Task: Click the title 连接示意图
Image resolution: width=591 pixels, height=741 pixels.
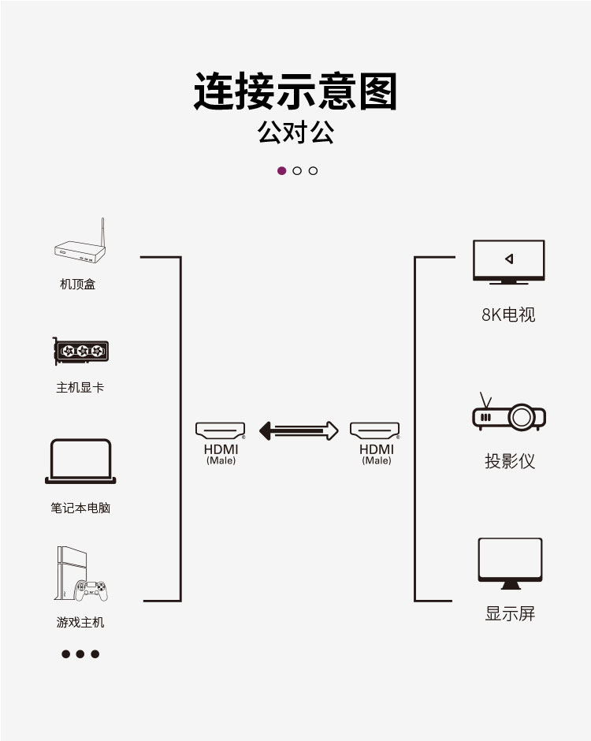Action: (x=295, y=91)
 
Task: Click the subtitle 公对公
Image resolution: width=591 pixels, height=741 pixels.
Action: (x=295, y=132)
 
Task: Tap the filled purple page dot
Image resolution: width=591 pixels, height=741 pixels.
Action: (x=281, y=171)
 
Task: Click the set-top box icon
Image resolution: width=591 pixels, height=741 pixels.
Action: (x=79, y=251)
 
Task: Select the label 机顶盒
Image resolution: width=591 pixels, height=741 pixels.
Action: (x=77, y=284)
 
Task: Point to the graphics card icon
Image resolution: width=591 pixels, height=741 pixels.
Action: (x=80, y=352)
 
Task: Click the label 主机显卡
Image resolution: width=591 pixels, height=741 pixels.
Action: (x=80, y=388)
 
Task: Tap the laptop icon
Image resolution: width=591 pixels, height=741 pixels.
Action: (x=80, y=461)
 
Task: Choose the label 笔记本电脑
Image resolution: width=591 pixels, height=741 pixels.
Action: (x=80, y=508)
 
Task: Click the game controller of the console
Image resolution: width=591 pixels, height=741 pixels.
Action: (x=91, y=590)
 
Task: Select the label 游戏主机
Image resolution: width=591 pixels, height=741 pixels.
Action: (x=80, y=623)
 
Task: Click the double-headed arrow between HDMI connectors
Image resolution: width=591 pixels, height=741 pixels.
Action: (x=299, y=430)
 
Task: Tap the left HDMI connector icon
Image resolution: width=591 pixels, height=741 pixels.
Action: (x=221, y=430)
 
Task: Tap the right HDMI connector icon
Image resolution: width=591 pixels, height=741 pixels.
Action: (x=375, y=430)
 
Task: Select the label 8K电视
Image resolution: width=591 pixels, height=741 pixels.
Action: (x=508, y=315)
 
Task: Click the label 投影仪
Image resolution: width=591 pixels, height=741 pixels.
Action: (x=509, y=461)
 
